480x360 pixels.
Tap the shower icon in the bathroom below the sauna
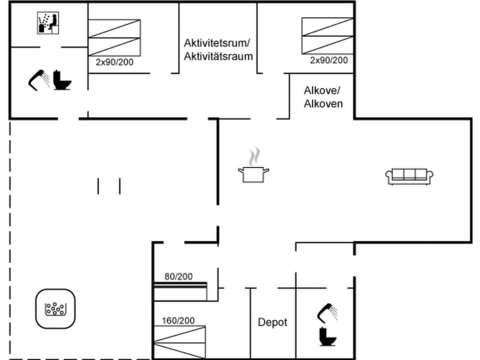click(x=38, y=79)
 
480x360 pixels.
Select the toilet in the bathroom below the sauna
click(x=62, y=80)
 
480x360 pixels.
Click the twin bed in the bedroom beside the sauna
click(x=114, y=37)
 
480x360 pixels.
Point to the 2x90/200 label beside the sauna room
click(x=114, y=62)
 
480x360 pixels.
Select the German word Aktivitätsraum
click(x=218, y=56)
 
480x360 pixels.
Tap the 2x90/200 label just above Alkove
click(x=328, y=60)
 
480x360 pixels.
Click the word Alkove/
click(x=322, y=90)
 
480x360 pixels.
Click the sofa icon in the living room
click(x=409, y=176)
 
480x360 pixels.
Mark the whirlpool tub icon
click(x=55, y=309)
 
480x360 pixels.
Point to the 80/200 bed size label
click(x=178, y=276)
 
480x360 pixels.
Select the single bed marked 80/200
click(x=180, y=291)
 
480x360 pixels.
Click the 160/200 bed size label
click(x=178, y=320)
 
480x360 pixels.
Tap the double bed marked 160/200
click(x=179, y=341)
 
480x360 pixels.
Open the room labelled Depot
click(x=272, y=322)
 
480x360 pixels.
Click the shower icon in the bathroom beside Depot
click(x=327, y=311)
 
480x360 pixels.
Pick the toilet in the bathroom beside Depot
click(x=328, y=336)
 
